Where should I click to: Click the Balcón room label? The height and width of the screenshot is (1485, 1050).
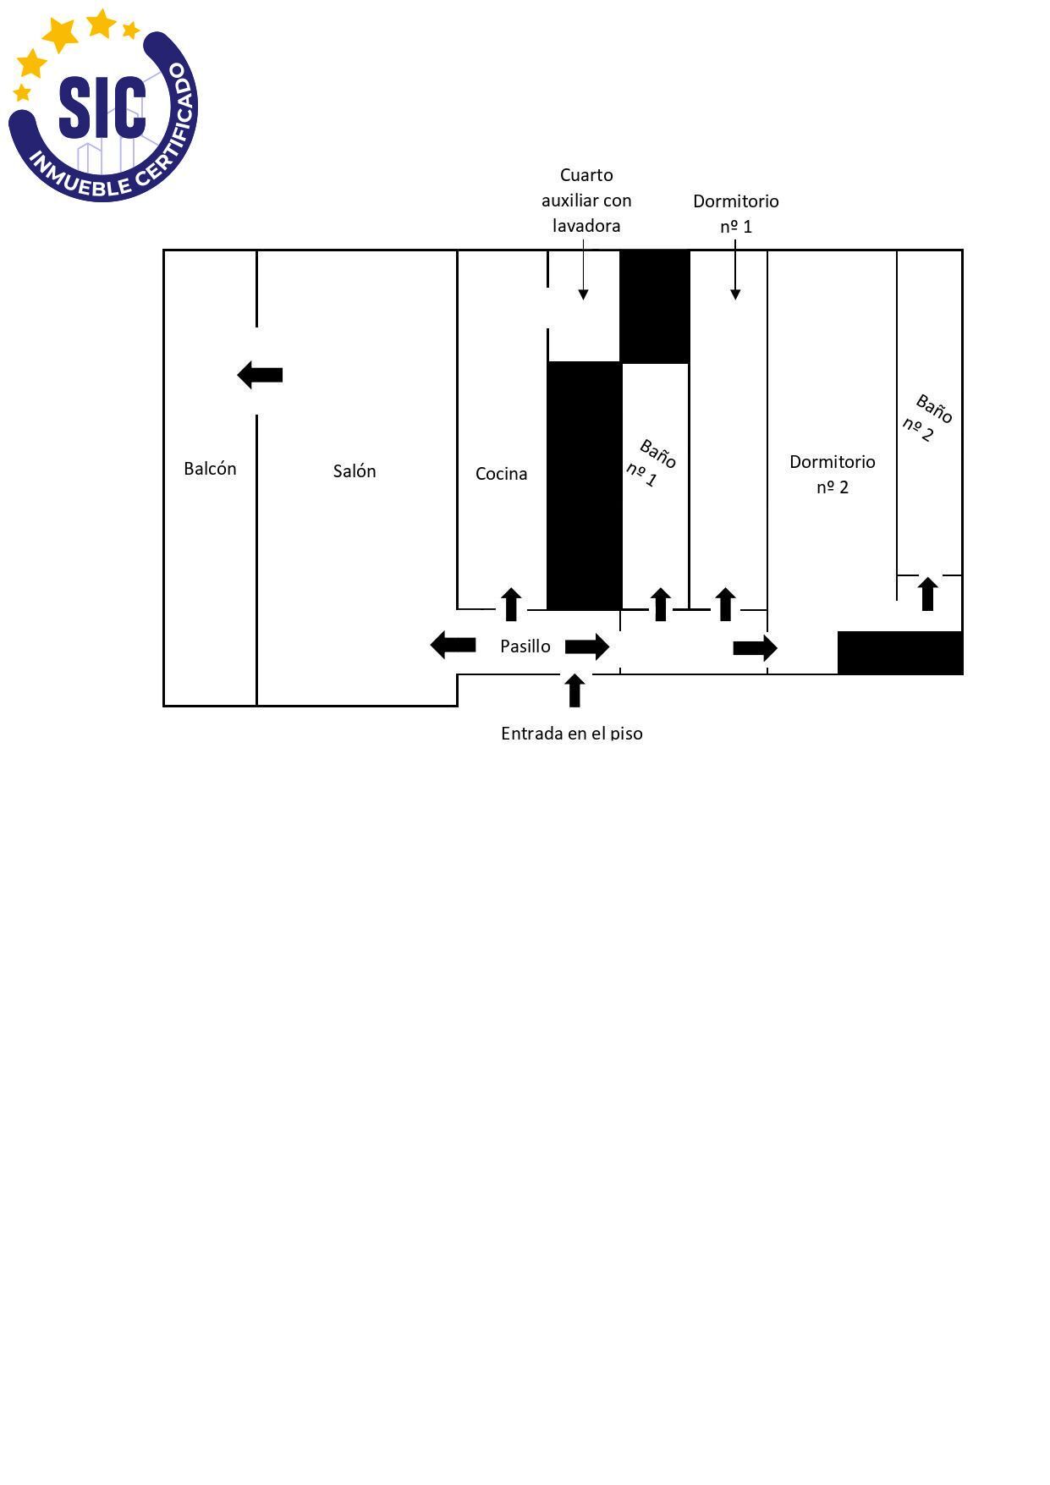click(210, 469)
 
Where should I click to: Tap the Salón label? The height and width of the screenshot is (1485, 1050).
click(355, 471)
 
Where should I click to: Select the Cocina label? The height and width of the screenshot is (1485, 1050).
click(501, 474)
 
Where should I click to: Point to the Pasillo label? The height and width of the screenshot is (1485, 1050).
click(525, 646)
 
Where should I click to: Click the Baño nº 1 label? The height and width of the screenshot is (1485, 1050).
click(651, 464)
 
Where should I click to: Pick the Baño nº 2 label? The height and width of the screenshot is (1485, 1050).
click(927, 418)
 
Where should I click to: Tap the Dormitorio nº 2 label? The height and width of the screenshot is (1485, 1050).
click(833, 474)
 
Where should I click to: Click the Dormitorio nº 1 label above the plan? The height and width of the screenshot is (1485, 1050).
click(735, 213)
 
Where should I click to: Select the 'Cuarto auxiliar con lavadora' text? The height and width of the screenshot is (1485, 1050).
click(586, 201)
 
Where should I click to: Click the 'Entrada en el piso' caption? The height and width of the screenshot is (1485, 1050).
click(572, 733)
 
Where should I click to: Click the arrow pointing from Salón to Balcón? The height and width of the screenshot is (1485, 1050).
click(260, 375)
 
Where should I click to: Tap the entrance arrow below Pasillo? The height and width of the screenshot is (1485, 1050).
click(574, 690)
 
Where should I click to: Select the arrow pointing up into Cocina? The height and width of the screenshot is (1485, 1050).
click(510, 604)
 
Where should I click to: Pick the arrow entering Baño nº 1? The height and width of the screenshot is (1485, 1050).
click(660, 604)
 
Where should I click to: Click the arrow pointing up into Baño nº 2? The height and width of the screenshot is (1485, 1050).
click(928, 593)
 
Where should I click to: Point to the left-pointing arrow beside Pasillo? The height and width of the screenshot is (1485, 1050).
click(453, 645)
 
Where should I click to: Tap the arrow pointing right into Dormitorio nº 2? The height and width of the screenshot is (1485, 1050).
click(756, 648)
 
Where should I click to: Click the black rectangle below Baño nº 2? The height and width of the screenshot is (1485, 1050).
click(900, 652)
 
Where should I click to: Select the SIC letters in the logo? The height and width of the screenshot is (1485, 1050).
click(102, 107)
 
